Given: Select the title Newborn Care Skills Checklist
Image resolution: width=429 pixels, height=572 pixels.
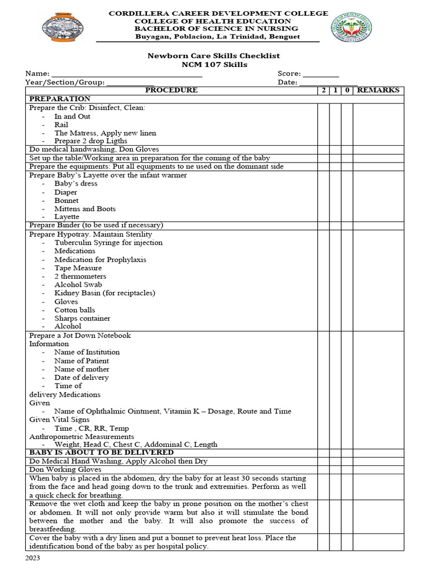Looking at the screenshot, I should pos(213,56).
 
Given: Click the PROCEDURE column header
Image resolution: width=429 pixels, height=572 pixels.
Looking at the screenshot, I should pos(171,90).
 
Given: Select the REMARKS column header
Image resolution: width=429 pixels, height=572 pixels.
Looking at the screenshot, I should pos(378,90).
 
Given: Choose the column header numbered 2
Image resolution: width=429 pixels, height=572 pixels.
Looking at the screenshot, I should pos(323,90).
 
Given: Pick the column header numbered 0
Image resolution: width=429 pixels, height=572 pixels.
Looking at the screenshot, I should pos(347,90).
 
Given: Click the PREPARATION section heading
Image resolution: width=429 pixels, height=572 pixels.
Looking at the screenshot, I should pos(60,99).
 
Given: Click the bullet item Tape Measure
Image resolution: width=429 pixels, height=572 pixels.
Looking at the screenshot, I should pos(78,268).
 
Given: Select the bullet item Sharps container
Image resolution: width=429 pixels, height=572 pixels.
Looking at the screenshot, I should pos(82,318).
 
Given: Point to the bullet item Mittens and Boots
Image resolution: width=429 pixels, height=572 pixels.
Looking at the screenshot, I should pos(85,209).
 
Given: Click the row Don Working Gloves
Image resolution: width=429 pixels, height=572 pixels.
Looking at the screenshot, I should pos(65,470).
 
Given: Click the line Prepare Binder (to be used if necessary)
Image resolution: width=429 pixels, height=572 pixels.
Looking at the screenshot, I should pos(96,225).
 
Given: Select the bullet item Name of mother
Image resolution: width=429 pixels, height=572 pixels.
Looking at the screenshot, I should pos(82,369).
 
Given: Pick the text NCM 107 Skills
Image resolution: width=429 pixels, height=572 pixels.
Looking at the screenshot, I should pos(214,65).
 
